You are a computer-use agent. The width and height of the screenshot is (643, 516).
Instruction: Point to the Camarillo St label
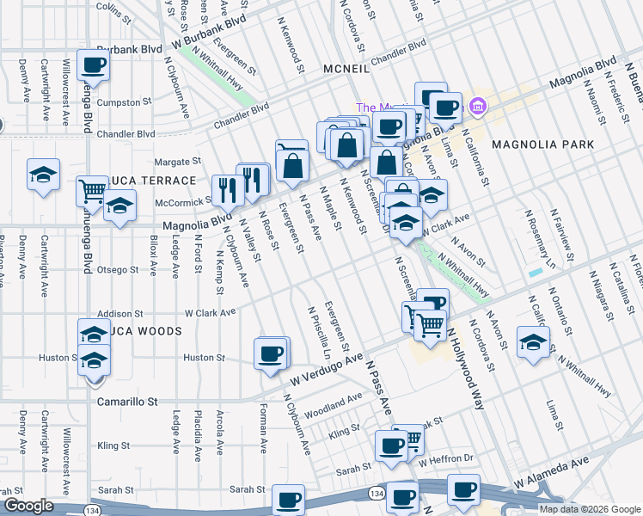(x=127, y=402)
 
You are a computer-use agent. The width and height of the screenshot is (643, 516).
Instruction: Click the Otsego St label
(x=117, y=270)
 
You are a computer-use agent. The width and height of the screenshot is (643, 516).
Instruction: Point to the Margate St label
(x=177, y=161)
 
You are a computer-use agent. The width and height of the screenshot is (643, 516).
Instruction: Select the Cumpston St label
(x=124, y=102)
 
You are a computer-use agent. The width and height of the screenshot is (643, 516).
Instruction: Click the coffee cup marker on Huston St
(x=271, y=353)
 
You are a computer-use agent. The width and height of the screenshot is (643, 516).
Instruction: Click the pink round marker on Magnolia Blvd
(x=479, y=108)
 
